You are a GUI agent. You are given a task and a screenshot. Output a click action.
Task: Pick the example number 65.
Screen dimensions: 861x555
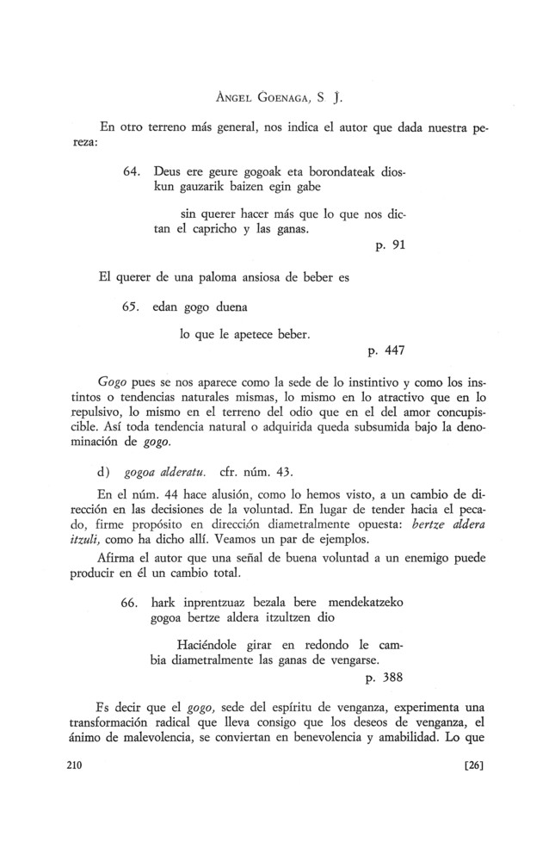coord(133,307)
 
